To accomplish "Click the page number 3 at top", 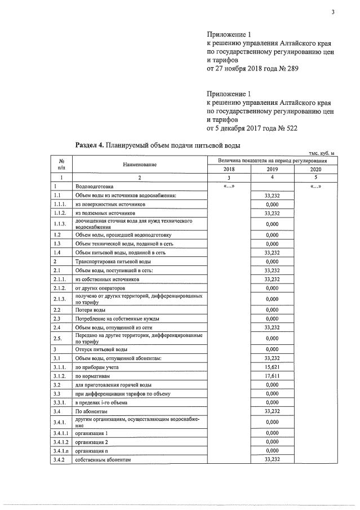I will tap(333, 13).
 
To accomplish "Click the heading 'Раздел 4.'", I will tap(90, 145).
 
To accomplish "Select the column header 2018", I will tap(229, 169).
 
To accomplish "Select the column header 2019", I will tap(272, 169).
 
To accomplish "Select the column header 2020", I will tap(315, 169).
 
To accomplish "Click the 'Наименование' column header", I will tap(140, 165).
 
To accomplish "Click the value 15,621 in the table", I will tap(272, 367).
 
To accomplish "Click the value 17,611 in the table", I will tap(272, 376).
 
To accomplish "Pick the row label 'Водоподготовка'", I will tap(94, 186).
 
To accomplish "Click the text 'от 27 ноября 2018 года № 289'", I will tap(253, 68).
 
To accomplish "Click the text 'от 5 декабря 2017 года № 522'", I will tap(252, 128).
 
